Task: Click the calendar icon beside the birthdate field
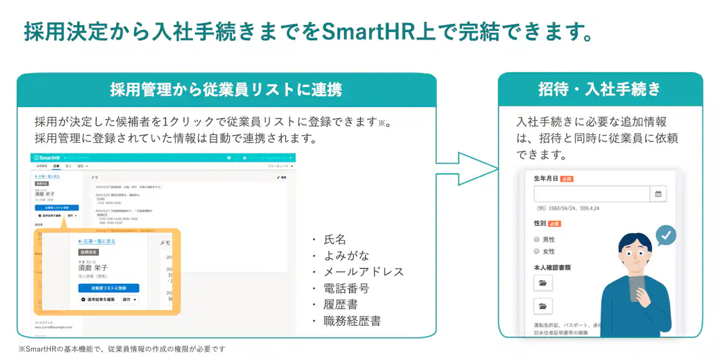(x=658, y=194)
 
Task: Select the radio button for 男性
(x=536, y=239)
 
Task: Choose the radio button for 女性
(x=536, y=251)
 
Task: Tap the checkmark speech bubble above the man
(x=666, y=235)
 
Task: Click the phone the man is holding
(x=636, y=288)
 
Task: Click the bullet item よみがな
(x=346, y=256)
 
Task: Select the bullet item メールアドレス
(x=364, y=272)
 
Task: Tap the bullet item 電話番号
(x=346, y=288)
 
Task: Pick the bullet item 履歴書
(x=341, y=304)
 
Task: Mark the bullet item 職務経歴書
(x=352, y=321)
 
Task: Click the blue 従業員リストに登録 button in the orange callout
(x=109, y=288)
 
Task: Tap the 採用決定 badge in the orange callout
(x=88, y=251)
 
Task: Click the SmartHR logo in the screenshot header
(x=47, y=157)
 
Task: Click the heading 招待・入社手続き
(x=600, y=90)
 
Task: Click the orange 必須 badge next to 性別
(x=554, y=223)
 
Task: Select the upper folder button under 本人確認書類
(x=543, y=283)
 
